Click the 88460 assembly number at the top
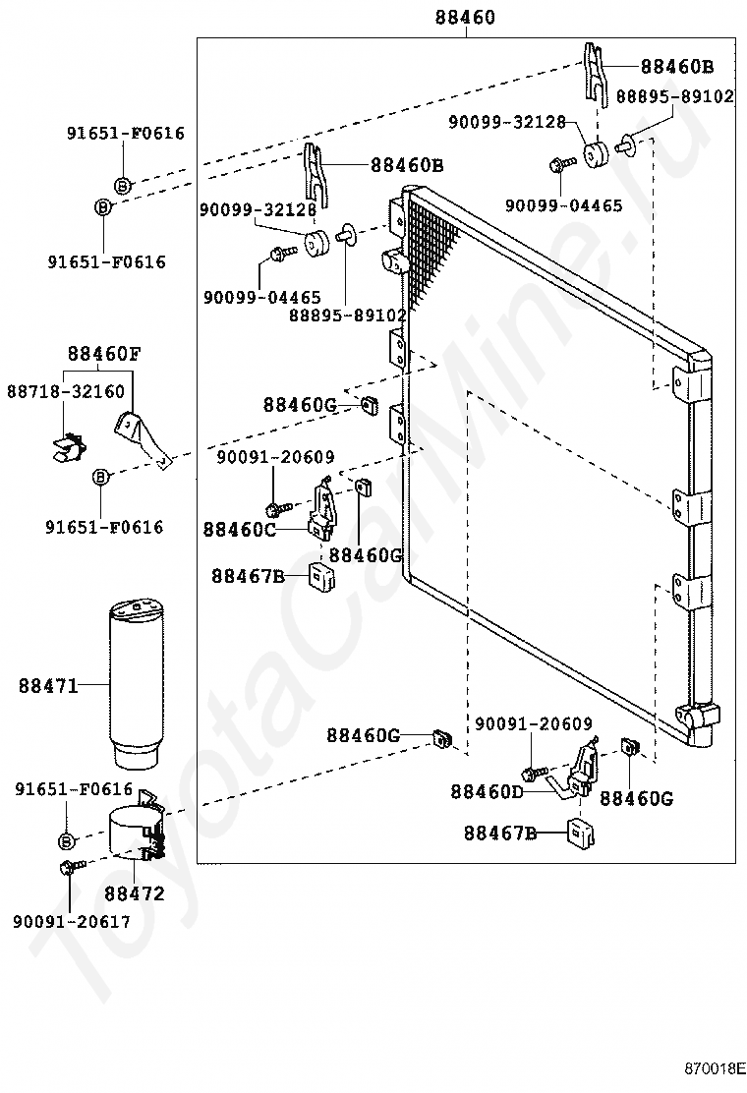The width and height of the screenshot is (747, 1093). click(x=465, y=17)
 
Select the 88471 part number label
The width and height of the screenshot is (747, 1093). click(x=48, y=686)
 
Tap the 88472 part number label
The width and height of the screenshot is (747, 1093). click(x=135, y=892)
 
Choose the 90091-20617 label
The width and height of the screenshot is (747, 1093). click(x=72, y=922)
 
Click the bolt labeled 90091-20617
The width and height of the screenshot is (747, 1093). click(x=72, y=867)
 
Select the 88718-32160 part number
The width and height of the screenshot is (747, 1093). click(x=66, y=391)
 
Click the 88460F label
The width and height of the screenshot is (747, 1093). click(x=104, y=354)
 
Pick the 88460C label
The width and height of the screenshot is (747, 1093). click(x=240, y=530)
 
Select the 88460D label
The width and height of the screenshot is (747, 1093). click(x=488, y=792)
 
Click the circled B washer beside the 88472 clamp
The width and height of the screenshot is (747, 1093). click(x=66, y=841)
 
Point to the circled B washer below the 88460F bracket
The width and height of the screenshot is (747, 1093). click(x=101, y=477)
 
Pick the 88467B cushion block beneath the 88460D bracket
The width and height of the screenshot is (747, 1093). click(x=581, y=833)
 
